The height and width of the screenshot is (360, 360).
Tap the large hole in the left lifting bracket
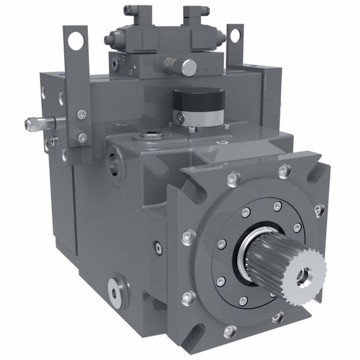[x=76, y=41]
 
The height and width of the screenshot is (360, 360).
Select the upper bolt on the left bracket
[x=82, y=114]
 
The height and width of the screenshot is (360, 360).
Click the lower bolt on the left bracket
[x=82, y=138]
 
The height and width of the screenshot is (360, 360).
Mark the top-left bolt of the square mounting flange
[x=234, y=179]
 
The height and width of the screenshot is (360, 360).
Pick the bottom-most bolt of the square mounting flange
[x=230, y=331]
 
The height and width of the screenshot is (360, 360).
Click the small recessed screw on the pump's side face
[x=157, y=248]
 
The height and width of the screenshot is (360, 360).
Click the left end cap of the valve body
[x=108, y=40]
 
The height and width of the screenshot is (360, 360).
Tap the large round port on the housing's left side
[x=115, y=163]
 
